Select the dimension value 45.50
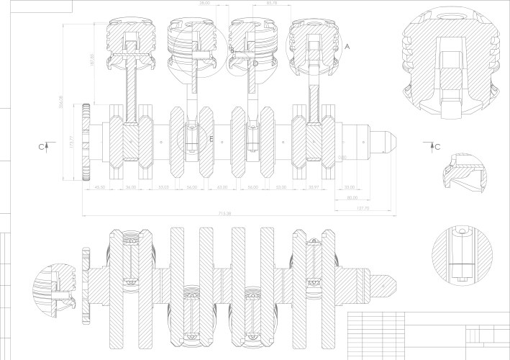(x=101, y=187)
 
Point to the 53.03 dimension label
(x=163, y=187)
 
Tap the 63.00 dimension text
(x=222, y=187)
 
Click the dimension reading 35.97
(x=313, y=187)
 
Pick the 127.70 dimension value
(x=363, y=209)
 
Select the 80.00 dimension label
(x=352, y=198)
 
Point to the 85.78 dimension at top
(x=272, y=4)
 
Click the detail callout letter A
(x=347, y=45)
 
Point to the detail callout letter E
(x=211, y=138)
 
